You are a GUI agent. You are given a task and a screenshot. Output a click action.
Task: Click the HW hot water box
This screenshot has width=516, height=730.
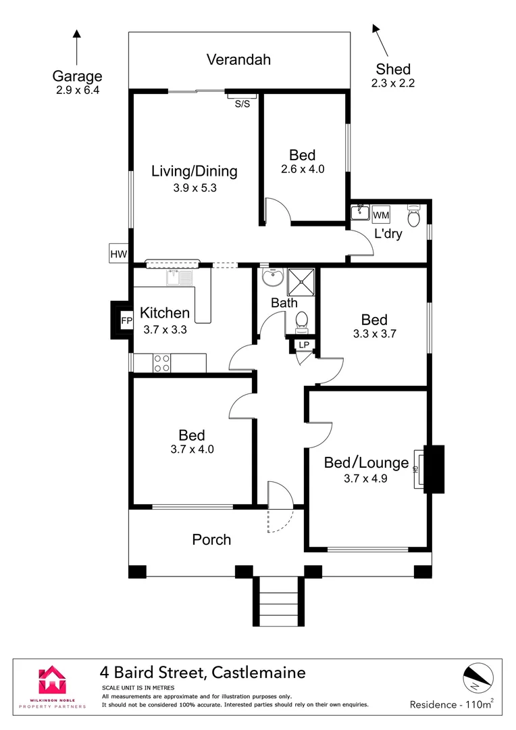(x=119, y=253)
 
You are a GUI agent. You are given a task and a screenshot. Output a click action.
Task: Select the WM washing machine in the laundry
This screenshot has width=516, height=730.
(x=381, y=215)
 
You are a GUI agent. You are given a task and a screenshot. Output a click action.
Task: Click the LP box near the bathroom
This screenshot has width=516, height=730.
(x=303, y=345)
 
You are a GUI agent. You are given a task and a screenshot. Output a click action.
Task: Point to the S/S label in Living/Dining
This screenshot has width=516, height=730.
(x=242, y=104)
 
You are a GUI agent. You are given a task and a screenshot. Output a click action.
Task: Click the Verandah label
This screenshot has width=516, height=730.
(x=238, y=59)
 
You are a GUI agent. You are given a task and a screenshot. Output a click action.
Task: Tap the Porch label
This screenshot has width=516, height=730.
(x=211, y=539)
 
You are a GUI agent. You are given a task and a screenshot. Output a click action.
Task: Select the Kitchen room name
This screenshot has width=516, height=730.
(x=165, y=313)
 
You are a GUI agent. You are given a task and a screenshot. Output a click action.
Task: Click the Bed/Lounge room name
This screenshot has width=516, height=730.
(x=367, y=463)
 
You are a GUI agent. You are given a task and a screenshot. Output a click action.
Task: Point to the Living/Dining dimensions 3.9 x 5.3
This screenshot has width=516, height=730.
(x=195, y=189)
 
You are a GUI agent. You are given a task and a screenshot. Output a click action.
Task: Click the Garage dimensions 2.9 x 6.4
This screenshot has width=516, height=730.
(x=78, y=89)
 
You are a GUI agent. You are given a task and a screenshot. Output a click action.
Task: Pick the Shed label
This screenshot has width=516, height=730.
(x=393, y=69)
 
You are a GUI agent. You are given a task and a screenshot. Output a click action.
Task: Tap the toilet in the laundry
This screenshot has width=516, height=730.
(x=413, y=216)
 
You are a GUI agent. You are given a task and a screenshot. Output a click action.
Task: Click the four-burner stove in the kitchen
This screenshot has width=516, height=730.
(x=161, y=363)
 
